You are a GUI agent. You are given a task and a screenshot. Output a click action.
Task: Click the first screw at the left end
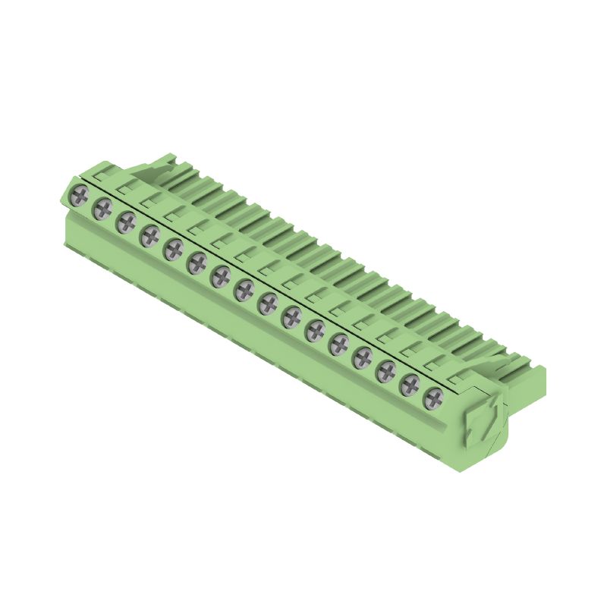click(x=79, y=197)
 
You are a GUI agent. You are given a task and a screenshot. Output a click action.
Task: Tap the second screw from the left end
click(x=102, y=208)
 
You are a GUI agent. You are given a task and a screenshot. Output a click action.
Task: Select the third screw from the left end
click(x=126, y=222)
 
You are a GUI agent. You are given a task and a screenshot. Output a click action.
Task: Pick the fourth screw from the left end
click(x=150, y=235)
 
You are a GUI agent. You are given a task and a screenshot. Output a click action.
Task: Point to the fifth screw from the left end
click(x=174, y=249)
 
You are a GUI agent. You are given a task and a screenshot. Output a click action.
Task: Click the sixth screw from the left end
click(x=197, y=263)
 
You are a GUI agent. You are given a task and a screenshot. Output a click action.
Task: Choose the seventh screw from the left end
click(x=221, y=275)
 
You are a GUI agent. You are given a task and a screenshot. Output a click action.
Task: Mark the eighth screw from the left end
click(x=244, y=289)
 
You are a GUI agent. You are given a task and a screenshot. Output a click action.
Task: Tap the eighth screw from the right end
click(x=268, y=303)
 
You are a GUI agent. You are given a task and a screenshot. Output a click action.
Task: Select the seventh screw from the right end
click(x=291, y=316)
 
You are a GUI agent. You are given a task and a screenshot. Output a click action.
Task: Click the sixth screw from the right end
click(x=315, y=330)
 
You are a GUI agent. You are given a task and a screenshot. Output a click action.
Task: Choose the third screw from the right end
click(x=385, y=370)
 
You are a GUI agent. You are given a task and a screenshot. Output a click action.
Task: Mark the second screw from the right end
click(x=410, y=384)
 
